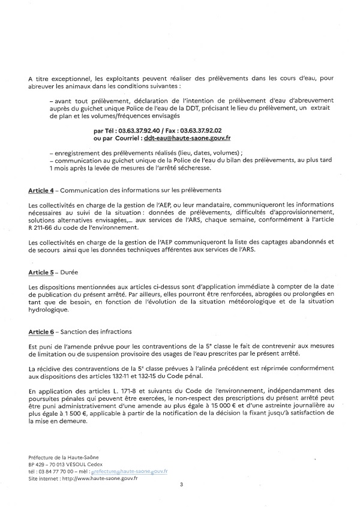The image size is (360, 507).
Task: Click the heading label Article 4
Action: coord(41,190)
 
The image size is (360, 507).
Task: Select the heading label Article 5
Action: coord(41,272)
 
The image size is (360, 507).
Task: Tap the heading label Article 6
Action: coord(41,332)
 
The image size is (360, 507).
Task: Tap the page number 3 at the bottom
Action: coord(181,483)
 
